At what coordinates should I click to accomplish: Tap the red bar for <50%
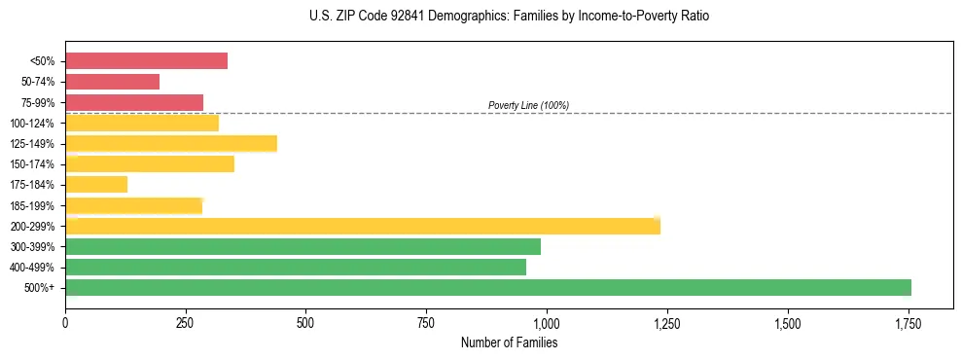146,61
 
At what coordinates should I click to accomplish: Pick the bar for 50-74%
112,82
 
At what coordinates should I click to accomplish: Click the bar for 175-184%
96,185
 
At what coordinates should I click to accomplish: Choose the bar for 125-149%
171,144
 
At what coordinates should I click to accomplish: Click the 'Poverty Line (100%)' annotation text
528,105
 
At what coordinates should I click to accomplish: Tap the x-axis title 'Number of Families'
510,342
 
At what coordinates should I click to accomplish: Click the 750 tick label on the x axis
426,323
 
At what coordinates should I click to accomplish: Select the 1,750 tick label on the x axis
909,323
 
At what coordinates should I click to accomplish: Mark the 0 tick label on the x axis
65,323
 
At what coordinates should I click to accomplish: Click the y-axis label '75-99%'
37,103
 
